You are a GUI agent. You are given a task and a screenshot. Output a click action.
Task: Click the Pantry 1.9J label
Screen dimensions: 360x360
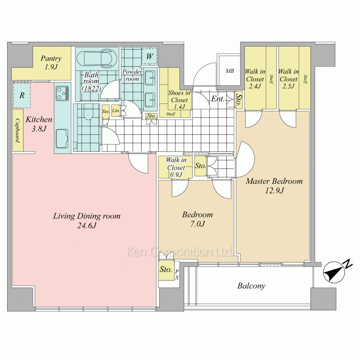pos(51,62)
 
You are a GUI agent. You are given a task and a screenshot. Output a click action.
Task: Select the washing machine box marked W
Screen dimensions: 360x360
pos(149,56)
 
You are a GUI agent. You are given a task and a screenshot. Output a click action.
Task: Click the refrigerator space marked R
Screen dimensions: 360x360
pos(22,95)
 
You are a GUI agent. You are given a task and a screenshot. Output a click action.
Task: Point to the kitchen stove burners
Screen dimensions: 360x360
pos(62,93)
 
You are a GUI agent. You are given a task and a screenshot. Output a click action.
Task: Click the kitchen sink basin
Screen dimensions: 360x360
pos(62,139)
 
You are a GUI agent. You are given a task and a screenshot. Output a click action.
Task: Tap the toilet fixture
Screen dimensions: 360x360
pos(88,112)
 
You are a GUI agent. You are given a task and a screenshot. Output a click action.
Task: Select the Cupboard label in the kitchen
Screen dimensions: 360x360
pos(18,130)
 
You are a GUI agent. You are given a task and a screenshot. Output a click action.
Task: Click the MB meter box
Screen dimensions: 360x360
pos(230,71)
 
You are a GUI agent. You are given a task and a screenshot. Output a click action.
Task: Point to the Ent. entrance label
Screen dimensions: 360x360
pos(217,99)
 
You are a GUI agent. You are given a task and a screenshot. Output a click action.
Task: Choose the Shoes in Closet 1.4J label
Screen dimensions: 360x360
pos(179,99)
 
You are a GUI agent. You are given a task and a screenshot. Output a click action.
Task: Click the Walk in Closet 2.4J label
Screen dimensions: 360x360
pos(255,79)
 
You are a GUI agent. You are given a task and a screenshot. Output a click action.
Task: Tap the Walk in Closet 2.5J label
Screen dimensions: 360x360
pos(289,79)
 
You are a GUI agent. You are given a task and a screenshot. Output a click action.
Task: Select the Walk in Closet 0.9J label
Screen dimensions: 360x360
pos(176,167)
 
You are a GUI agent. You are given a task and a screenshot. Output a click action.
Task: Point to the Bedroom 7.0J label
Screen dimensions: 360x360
pos(197,219)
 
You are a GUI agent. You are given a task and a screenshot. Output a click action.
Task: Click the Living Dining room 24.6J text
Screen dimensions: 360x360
pos(87,221)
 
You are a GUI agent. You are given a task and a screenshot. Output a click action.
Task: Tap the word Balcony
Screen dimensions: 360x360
pos(251,286)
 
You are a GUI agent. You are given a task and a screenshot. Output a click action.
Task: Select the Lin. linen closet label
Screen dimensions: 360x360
pos(116,111)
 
